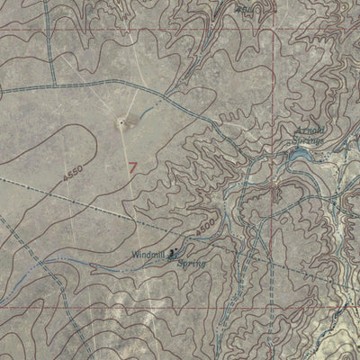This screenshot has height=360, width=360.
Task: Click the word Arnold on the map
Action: [x=308, y=131]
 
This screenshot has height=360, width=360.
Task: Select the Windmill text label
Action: [x=149, y=255]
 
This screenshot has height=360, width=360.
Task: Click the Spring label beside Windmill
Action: [x=191, y=264]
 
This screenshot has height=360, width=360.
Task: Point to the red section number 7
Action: [x=134, y=167]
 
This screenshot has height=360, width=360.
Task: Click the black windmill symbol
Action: [x=174, y=255]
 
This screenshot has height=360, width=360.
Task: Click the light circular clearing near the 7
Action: [x=121, y=123]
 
